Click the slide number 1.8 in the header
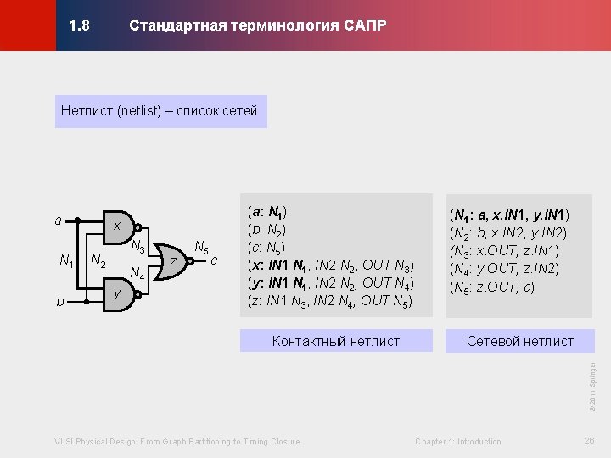click(79, 25)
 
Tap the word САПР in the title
click(365, 25)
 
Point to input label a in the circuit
click(58, 221)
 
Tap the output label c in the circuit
click(215, 260)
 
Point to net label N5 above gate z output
click(201, 247)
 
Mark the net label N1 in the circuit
click(65, 260)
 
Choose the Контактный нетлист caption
click(335, 341)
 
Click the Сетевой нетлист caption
click(520, 341)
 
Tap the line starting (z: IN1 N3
click(329, 300)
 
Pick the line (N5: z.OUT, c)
click(491, 287)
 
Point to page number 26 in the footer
click(590, 440)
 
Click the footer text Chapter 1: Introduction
click(457, 441)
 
